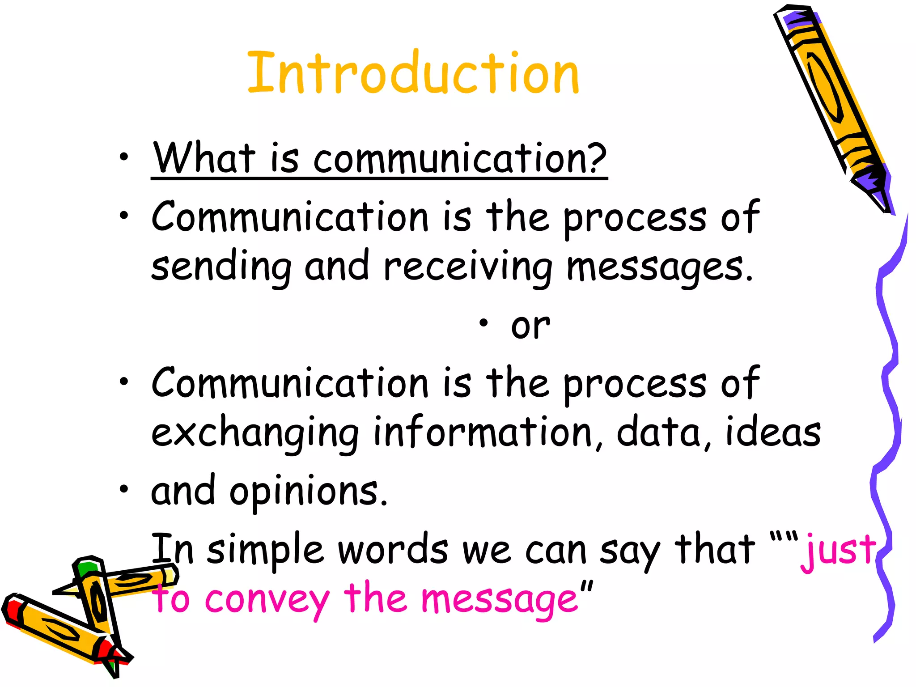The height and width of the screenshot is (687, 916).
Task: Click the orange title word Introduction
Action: click(x=413, y=72)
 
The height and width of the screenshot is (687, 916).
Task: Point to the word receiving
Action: click(x=468, y=267)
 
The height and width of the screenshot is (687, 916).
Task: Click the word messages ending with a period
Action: click(x=660, y=267)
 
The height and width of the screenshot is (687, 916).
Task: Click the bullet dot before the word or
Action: click(x=483, y=323)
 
